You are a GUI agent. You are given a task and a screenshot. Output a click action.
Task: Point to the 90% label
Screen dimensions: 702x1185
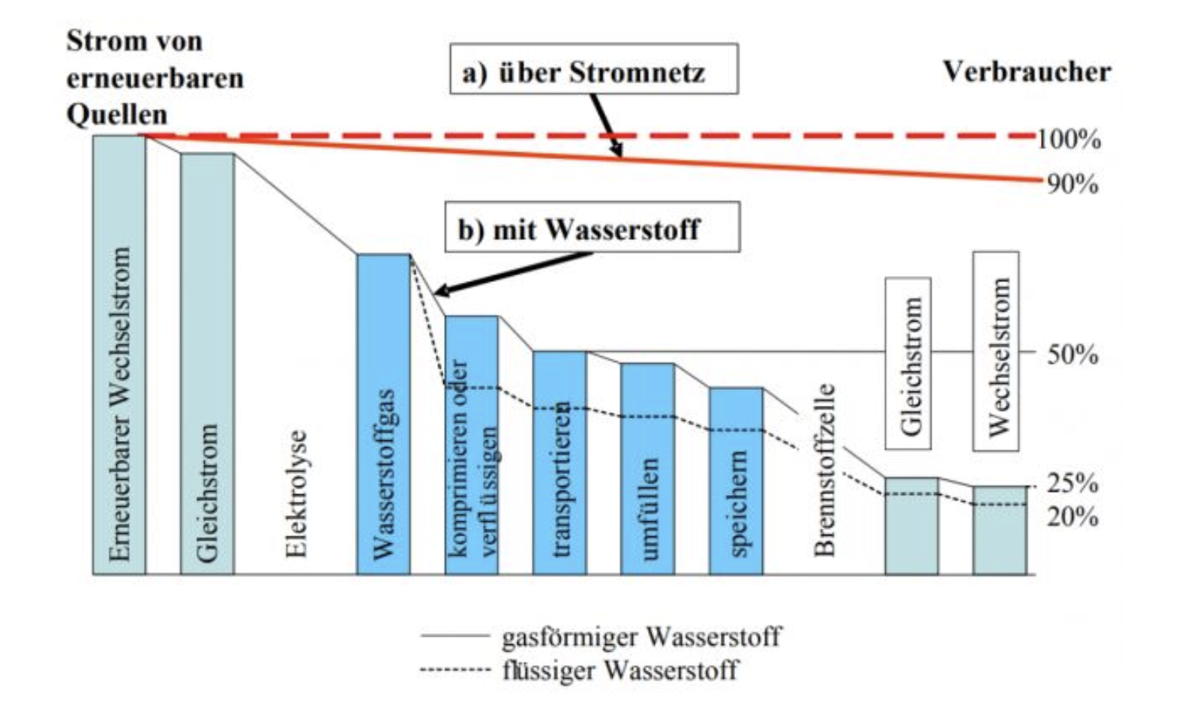tap(1072, 184)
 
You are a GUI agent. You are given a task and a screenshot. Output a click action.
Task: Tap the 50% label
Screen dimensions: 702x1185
tap(1072, 354)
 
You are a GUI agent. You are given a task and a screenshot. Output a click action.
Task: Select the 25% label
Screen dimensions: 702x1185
tap(1072, 484)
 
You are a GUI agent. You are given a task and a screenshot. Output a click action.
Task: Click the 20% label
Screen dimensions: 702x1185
tap(1072, 517)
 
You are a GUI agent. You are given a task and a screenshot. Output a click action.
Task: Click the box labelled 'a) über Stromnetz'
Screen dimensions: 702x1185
tap(593, 69)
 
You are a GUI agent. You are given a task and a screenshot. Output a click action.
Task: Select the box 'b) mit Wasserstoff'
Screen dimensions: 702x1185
tap(592, 227)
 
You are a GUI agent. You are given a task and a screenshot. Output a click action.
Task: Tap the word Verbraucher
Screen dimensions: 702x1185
tap(1026, 72)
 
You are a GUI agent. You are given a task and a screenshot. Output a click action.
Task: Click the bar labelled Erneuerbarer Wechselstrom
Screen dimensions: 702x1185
tap(119, 355)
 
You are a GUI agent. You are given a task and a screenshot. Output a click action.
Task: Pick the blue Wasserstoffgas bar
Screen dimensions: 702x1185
tap(383, 415)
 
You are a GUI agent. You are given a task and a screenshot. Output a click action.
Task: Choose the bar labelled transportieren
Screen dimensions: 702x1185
tap(559, 463)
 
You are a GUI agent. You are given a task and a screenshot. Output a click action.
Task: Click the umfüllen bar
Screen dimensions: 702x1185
tap(647, 469)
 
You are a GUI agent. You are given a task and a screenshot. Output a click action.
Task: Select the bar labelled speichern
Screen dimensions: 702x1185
tap(736, 481)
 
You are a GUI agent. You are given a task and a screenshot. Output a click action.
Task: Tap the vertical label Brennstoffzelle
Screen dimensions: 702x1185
tap(825, 471)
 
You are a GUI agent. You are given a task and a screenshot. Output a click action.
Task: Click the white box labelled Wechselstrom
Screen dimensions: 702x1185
tap(996, 351)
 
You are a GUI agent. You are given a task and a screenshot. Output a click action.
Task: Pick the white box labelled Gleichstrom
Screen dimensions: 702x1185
tap(908, 364)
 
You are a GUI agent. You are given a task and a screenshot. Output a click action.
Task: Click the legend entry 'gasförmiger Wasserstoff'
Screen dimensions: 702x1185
tap(640, 637)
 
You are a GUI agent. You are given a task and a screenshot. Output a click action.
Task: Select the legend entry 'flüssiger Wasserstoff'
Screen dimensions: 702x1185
tap(619, 670)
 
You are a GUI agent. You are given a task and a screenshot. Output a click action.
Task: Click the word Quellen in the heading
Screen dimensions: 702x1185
tap(116, 114)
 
